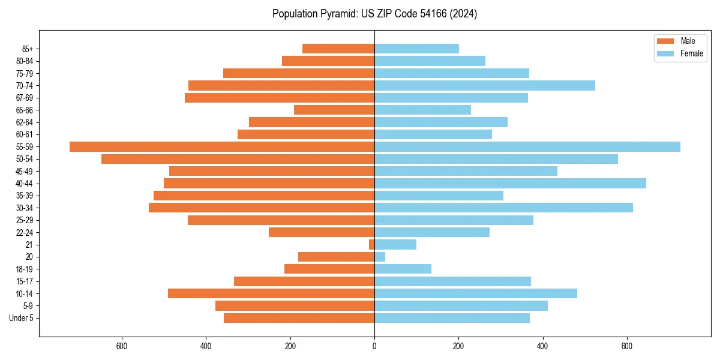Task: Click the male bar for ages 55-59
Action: tap(222, 146)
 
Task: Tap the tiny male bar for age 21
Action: tap(371, 244)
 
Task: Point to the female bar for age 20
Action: tap(380, 257)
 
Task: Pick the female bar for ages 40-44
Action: tap(510, 183)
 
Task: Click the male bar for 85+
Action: tap(338, 49)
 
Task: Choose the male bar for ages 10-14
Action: tap(271, 293)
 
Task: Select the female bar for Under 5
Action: tap(452, 318)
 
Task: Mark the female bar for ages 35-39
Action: tap(439, 196)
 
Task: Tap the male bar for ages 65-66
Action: tap(334, 110)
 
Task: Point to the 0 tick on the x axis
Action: tap(374, 346)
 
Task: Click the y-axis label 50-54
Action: tap(25, 159)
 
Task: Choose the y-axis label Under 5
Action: tap(21, 318)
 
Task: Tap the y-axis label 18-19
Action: tap(25, 269)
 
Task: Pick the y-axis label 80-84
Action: tap(25, 61)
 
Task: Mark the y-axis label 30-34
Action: tap(25, 208)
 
